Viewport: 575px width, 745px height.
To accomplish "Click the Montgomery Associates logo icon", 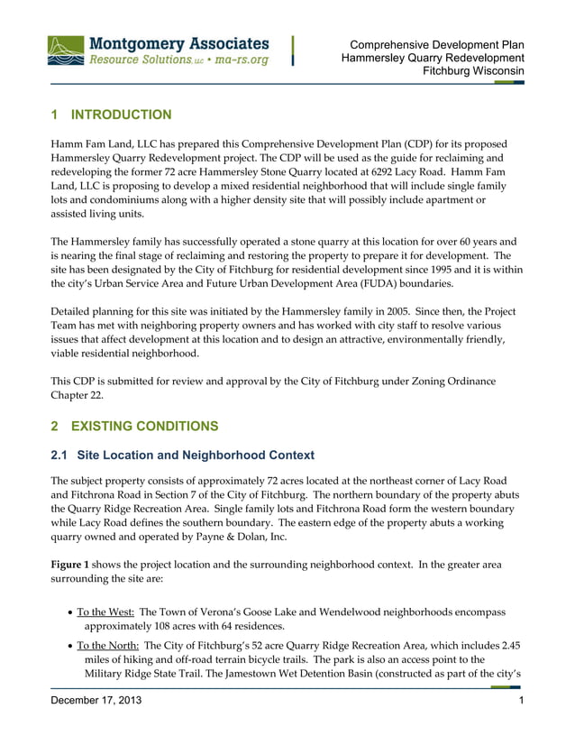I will tap(67, 51).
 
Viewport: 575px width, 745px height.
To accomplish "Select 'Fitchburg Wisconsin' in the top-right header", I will tap(474, 71).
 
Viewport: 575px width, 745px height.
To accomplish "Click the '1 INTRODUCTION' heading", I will tap(111, 115).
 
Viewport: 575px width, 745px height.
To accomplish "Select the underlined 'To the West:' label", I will tap(105, 612).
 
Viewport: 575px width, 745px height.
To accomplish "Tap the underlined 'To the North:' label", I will tap(107, 645).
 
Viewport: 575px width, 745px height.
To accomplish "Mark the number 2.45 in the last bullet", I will tap(508, 645).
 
